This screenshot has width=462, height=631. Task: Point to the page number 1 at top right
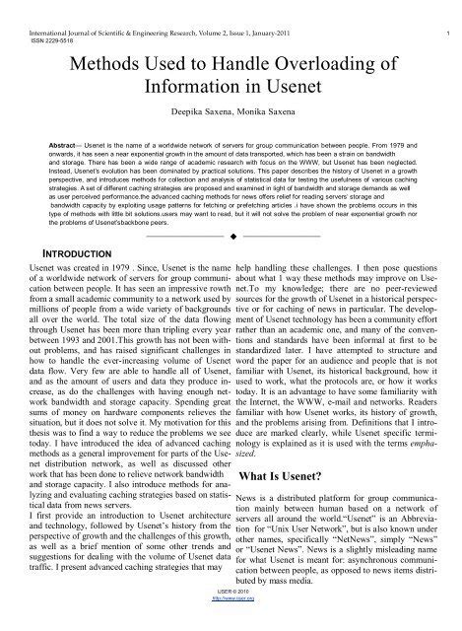point(449,7)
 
